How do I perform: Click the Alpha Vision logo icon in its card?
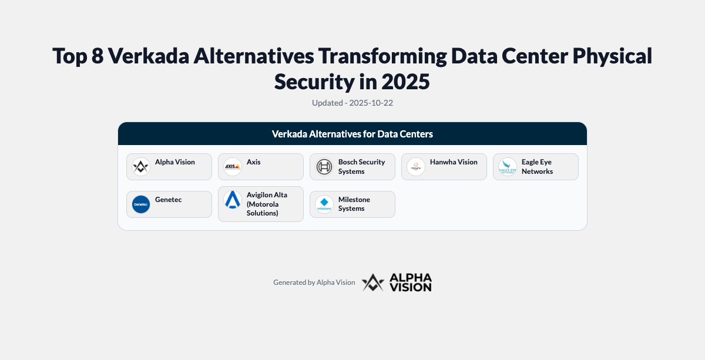pyautogui.click(x=141, y=167)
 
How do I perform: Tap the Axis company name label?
pyautogui.click(x=254, y=162)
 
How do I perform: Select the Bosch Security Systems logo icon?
pyautogui.click(x=324, y=167)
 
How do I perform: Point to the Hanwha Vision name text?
pyautogui.click(x=454, y=162)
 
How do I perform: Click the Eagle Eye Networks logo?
pyautogui.click(x=508, y=167)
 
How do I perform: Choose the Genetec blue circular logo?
pyautogui.click(x=141, y=204)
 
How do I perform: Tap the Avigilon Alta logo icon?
pyautogui.click(x=233, y=200)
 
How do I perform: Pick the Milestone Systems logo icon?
pyautogui.click(x=324, y=204)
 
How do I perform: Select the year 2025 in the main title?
pyautogui.click(x=405, y=81)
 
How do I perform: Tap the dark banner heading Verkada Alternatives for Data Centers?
pyautogui.click(x=352, y=134)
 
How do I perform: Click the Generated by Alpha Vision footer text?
pyautogui.click(x=314, y=282)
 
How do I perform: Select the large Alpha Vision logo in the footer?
pyautogui.click(x=397, y=282)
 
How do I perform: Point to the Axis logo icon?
pyautogui.click(x=233, y=167)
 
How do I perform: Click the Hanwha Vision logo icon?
pyautogui.click(x=416, y=167)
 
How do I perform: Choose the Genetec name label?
pyautogui.click(x=169, y=200)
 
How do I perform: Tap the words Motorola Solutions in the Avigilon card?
pyautogui.click(x=263, y=208)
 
